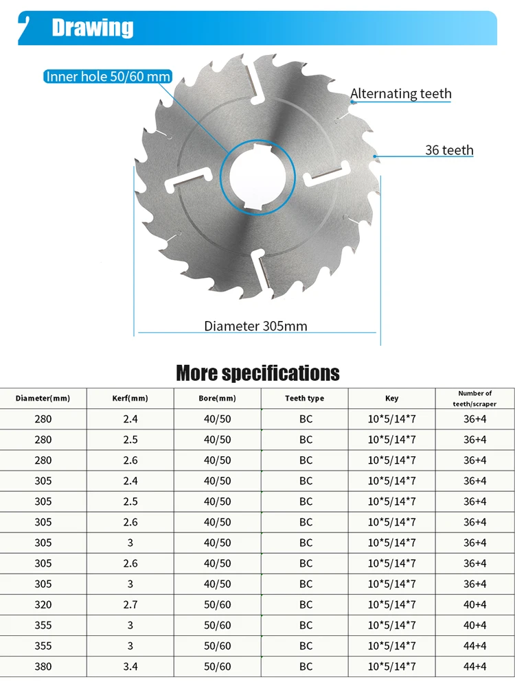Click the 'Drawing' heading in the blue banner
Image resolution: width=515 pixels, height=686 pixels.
pyautogui.click(x=93, y=28)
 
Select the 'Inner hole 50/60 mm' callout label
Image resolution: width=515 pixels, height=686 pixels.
pyautogui.click(x=108, y=76)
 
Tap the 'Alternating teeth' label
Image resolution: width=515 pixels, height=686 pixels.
pyautogui.click(x=401, y=94)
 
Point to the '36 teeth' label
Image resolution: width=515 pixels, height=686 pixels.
pyautogui.click(x=449, y=150)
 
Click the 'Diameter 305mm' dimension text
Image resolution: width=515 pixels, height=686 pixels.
pyautogui.click(x=255, y=326)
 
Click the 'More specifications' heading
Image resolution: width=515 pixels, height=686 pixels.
pyautogui.click(x=257, y=373)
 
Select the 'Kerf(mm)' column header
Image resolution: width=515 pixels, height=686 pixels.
pyautogui.click(x=130, y=399)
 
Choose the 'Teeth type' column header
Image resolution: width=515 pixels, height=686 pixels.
pyautogui.click(x=305, y=399)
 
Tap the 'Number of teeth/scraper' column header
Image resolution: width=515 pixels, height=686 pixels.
pyautogui.click(x=474, y=399)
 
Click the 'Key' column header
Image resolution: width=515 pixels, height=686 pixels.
pyautogui.click(x=391, y=399)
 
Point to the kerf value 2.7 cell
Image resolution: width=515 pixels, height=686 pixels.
pyautogui.click(x=130, y=604)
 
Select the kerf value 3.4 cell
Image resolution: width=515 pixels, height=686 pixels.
pyautogui.click(x=130, y=666)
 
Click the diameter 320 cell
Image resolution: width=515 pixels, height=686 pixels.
pyautogui.click(x=43, y=604)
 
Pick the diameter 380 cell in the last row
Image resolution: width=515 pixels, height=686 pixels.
pyautogui.click(x=43, y=666)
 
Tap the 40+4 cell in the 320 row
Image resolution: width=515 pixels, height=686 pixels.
pyautogui.click(x=474, y=604)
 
